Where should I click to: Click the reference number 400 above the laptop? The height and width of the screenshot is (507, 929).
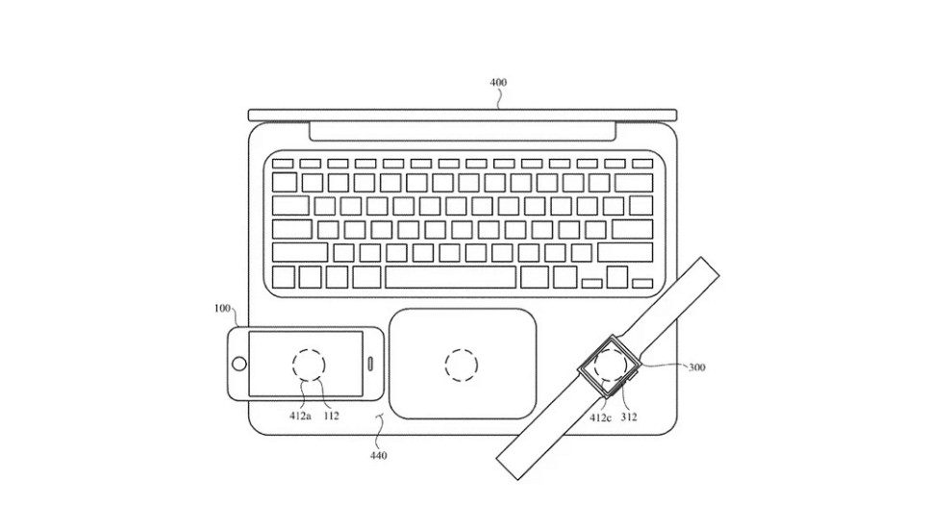(x=498, y=83)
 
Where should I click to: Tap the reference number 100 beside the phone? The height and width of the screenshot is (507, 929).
(x=222, y=309)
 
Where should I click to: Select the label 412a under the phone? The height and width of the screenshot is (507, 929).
(x=300, y=416)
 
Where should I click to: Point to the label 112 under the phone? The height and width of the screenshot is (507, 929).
(x=331, y=416)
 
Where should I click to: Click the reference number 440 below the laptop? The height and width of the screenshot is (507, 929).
(x=378, y=455)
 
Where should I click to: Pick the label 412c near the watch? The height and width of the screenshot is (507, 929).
(x=600, y=418)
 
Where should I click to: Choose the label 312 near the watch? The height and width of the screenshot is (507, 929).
(x=629, y=418)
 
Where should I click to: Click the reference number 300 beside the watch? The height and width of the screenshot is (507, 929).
(x=696, y=368)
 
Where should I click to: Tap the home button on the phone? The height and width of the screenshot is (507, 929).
(x=239, y=364)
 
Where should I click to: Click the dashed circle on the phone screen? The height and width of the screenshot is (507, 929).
(x=309, y=348)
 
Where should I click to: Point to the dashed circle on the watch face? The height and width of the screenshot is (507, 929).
(x=611, y=348)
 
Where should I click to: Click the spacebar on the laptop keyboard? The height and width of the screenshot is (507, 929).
(x=450, y=277)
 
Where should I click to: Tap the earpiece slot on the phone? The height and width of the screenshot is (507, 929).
(x=371, y=364)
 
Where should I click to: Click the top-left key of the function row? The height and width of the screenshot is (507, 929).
(x=283, y=164)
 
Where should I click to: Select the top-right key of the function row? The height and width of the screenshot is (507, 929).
(x=642, y=164)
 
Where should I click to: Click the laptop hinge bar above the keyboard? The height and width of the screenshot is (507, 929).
(x=463, y=132)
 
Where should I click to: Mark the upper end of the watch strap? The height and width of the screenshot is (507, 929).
(x=711, y=266)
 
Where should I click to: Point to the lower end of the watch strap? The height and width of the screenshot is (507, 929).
(x=507, y=469)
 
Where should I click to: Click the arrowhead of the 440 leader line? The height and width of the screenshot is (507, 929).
(x=382, y=415)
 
